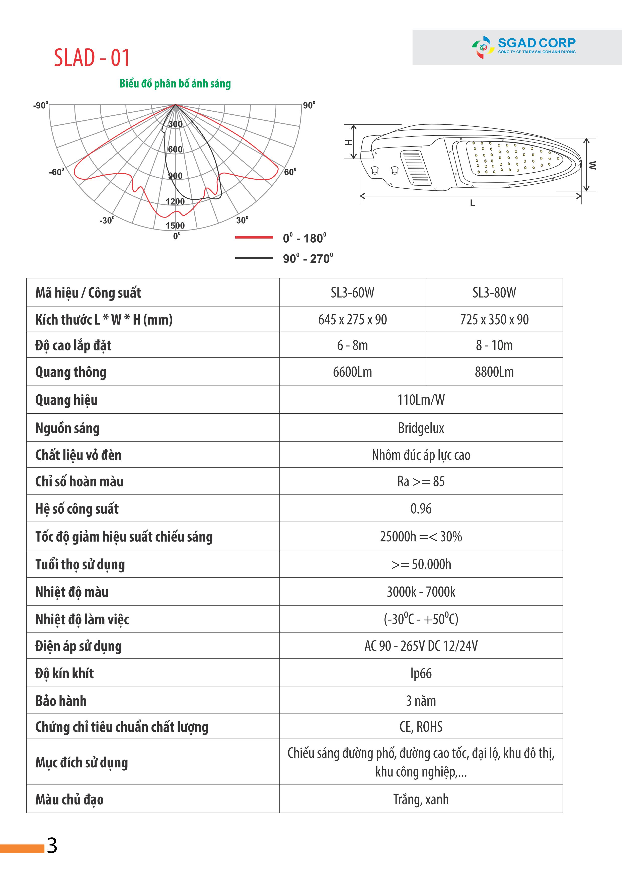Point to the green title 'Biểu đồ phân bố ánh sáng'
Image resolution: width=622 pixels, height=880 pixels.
coord(175,84)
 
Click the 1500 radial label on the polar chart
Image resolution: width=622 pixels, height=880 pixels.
coord(175,225)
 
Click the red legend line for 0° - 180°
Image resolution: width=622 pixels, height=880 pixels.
coord(254,238)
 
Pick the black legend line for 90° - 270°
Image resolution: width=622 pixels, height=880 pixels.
coord(254,258)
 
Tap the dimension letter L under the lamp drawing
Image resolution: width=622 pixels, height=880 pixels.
coord(473,203)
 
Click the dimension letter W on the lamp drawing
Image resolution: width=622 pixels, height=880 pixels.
coord(592,165)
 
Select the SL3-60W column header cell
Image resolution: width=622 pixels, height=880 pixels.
coord(352,292)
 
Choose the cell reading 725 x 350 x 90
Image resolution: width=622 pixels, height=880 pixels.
coord(494,319)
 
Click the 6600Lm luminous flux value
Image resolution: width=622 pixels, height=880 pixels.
coord(352,372)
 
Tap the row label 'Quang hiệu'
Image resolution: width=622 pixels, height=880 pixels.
coord(66,400)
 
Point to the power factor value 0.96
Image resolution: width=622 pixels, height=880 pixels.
coord(421,508)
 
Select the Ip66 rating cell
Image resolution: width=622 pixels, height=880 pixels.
coord(421,673)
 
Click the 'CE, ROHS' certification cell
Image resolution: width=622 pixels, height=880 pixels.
coord(421,727)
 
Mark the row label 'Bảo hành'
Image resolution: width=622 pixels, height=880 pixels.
coord(61,701)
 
